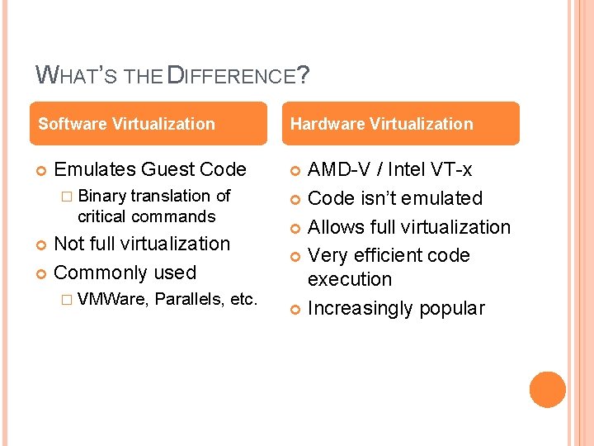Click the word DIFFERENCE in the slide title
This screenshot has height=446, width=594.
pyautogui.click(x=232, y=77)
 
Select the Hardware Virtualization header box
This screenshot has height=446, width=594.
pyautogui.click(x=404, y=124)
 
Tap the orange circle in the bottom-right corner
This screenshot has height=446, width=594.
pyautogui.click(x=548, y=390)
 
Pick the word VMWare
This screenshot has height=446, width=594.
pyautogui.click(x=112, y=299)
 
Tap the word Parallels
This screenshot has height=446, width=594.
pyautogui.click(x=189, y=299)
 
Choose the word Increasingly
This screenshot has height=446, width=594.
pyautogui.click(x=360, y=309)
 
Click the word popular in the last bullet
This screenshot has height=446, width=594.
pyautogui.click(x=452, y=309)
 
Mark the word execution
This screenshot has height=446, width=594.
pyautogui.click(x=350, y=279)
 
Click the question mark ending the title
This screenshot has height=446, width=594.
pyautogui.click(x=304, y=75)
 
